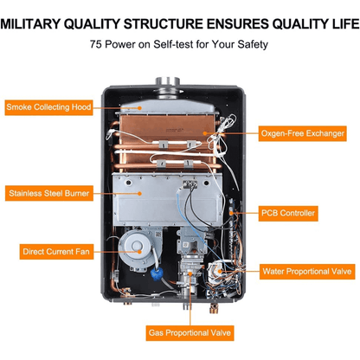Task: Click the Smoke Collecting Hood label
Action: click(48, 107)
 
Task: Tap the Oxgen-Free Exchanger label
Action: click(302, 133)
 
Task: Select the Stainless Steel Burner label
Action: click(49, 193)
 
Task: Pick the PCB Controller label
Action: click(288, 214)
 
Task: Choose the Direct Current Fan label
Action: click(56, 252)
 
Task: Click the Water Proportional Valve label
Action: click(307, 272)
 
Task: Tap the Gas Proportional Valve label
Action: click(190, 333)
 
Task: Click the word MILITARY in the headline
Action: click(30, 24)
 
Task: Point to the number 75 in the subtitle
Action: click(96, 44)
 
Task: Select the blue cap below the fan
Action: click(157, 273)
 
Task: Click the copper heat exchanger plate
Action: click(168, 127)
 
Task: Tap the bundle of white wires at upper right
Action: click(222, 136)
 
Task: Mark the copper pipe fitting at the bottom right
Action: click(214, 309)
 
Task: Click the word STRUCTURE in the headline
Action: click(164, 24)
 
